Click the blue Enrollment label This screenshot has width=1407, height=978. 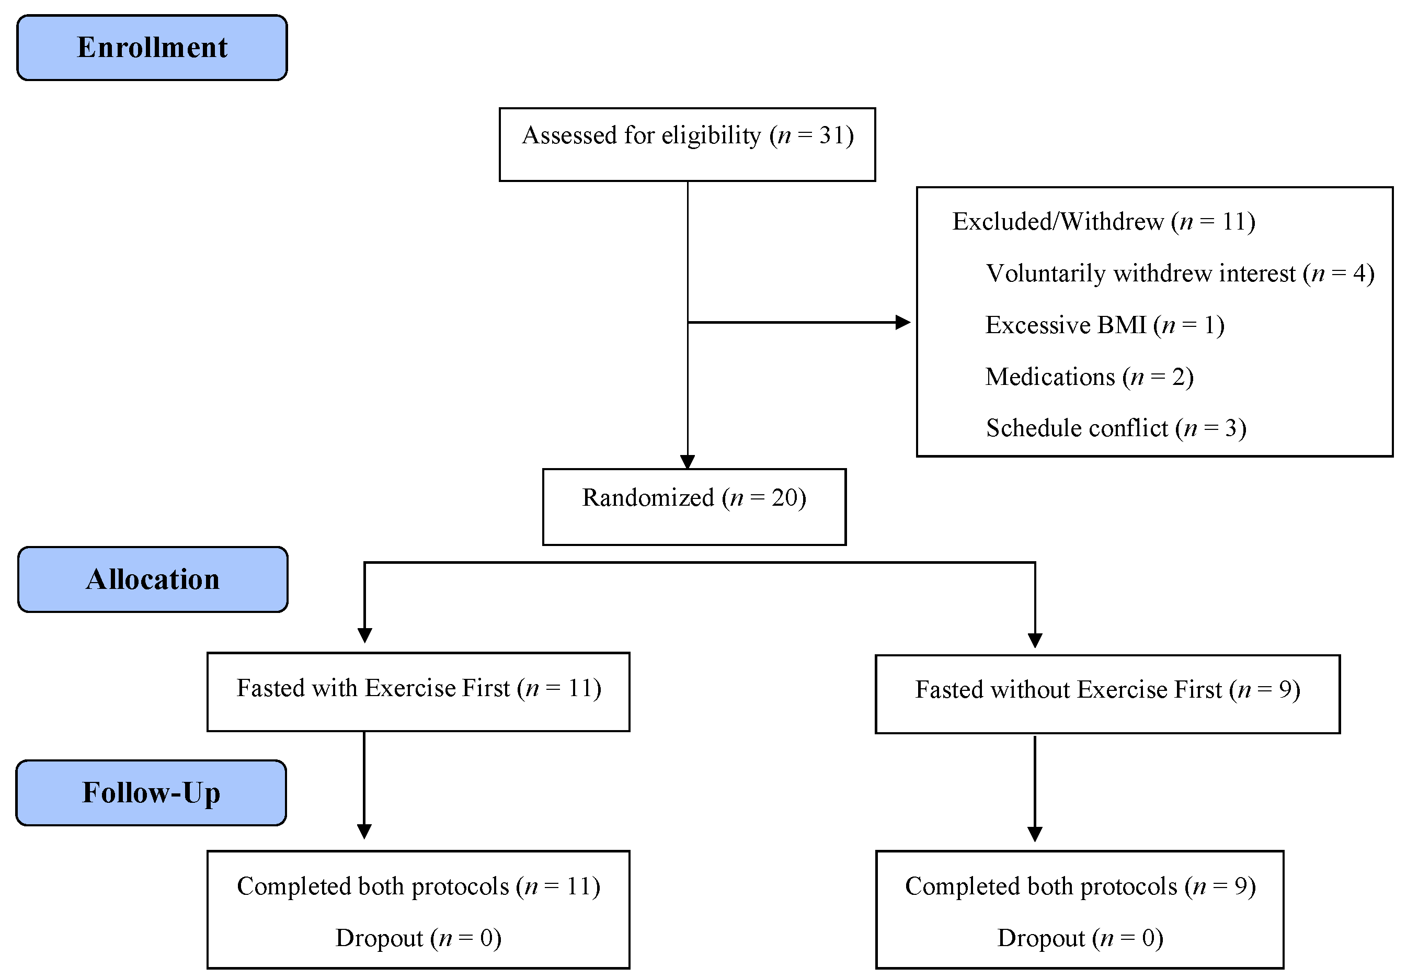pos(152,48)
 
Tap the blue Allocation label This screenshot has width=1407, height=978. pos(153,579)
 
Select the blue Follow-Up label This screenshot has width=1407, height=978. pos(151,793)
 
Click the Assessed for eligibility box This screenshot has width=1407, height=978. pos(687,145)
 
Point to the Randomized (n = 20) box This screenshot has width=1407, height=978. pos(694,506)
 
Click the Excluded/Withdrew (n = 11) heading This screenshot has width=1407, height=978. pos(1103,221)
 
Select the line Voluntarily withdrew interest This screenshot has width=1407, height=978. pos(1180,274)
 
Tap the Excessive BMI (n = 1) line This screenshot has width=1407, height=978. pos(1104,325)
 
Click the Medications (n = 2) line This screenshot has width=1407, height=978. pos(1089,376)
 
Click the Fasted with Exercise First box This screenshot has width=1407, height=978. pos(418,691)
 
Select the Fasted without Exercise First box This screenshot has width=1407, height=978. pos(1107,693)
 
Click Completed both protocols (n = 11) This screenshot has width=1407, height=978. pos(418,886)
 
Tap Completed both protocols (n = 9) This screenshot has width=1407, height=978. pos(1080,886)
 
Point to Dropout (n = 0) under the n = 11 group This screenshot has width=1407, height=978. pos(418,938)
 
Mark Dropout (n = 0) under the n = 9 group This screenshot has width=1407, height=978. pos(1080,938)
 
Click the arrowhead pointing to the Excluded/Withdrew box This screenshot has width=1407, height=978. pos(903,322)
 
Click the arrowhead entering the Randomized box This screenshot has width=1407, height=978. pos(687,461)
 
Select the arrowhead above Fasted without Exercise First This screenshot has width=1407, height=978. pos(1035,640)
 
